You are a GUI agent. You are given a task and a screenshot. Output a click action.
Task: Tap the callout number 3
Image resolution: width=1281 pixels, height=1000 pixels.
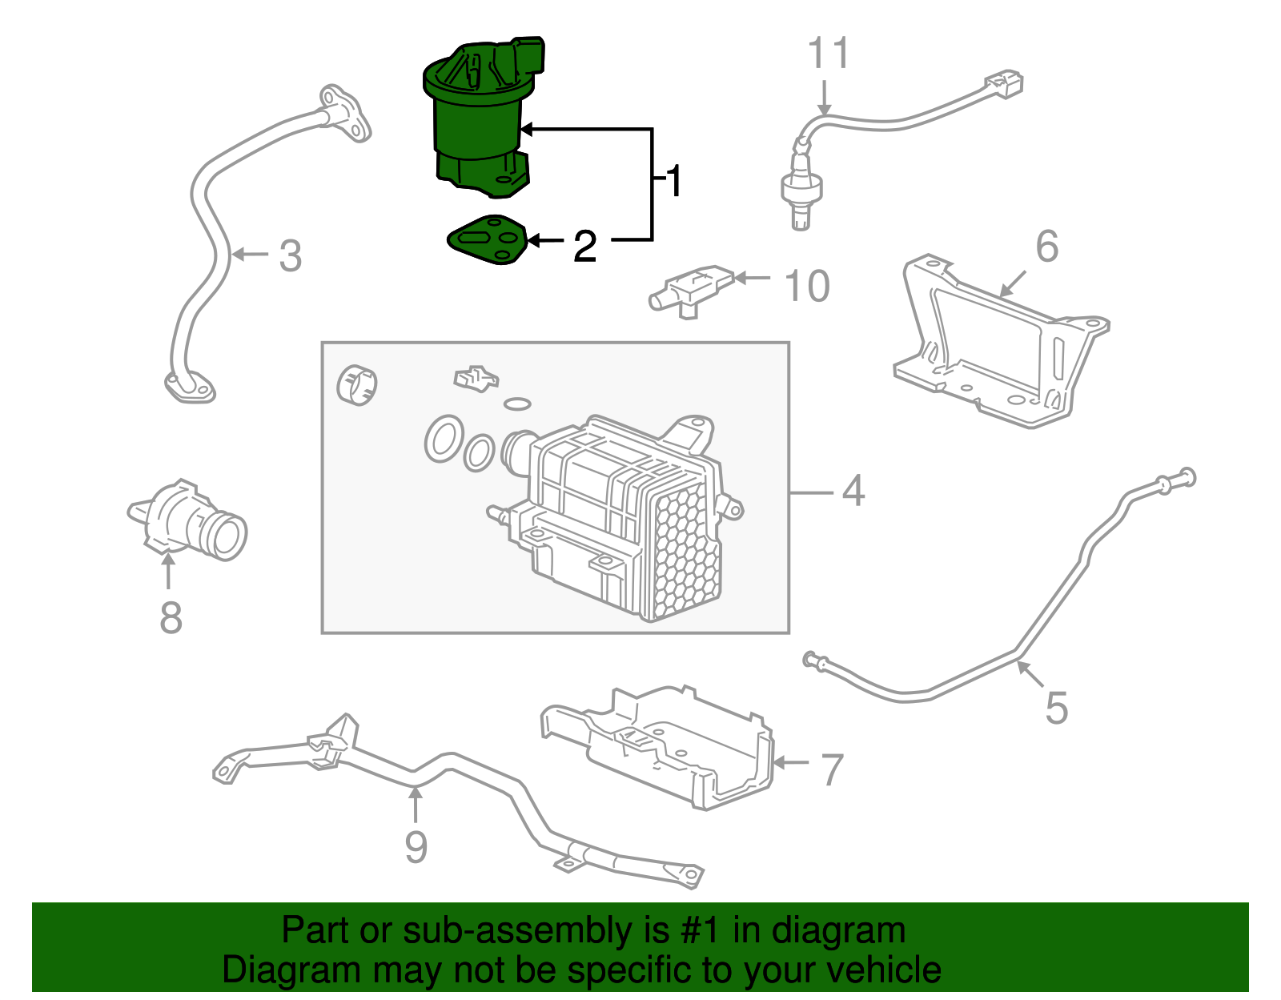click(x=290, y=256)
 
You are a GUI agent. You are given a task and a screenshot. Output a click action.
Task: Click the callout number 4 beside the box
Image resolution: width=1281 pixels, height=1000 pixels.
click(x=853, y=491)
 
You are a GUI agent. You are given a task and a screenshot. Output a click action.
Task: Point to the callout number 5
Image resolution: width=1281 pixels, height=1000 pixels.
click(x=1056, y=708)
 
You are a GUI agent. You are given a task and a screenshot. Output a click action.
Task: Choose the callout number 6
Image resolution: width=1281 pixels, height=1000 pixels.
click(x=1046, y=247)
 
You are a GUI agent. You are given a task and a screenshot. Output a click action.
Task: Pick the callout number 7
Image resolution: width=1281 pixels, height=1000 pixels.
click(x=833, y=769)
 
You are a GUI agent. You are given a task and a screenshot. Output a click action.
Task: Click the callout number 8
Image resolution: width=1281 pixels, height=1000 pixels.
click(x=171, y=618)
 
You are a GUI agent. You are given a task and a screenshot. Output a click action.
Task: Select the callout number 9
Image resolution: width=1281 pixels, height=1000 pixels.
click(x=416, y=847)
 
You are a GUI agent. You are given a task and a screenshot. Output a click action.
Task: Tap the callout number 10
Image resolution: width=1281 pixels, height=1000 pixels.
click(x=806, y=286)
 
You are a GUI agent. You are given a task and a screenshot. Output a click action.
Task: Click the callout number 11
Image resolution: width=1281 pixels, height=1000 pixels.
click(x=828, y=54)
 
